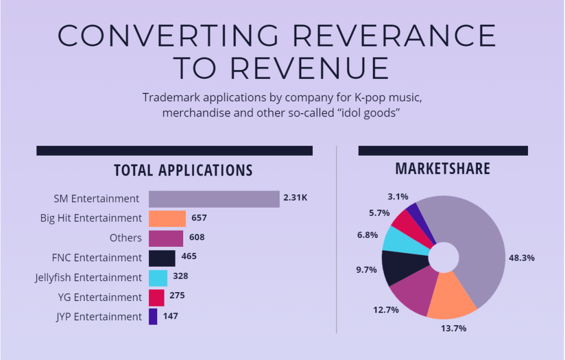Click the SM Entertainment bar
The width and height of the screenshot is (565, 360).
coord(214,199)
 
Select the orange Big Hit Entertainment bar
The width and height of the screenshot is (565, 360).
coord(167,219)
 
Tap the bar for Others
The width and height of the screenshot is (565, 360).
coord(166,239)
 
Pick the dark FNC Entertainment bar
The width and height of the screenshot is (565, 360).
coord(162,258)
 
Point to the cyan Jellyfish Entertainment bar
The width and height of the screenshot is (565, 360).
coord(158,278)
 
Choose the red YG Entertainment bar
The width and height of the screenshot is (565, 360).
coord(156,297)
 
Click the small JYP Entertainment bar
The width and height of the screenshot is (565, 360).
coord(153,317)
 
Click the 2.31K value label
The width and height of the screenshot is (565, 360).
coord(296,198)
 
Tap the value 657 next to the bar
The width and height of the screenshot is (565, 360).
coord(199,218)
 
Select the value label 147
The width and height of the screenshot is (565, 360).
coord(170,316)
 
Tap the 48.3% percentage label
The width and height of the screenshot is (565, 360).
coord(521,258)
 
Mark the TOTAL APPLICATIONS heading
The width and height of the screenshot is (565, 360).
coord(183,170)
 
